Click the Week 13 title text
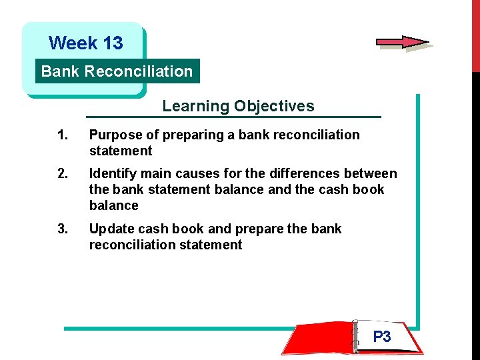pos(86,43)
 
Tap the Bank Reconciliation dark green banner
pos(117,71)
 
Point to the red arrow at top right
pos(402,42)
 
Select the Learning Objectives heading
pos(238,106)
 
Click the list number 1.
pos(62,135)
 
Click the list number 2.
pos(62,174)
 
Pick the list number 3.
pos(62,229)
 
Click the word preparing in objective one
pos(193,135)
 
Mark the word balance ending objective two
pos(113,205)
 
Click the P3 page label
pos(382,337)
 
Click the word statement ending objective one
pos(121,151)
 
